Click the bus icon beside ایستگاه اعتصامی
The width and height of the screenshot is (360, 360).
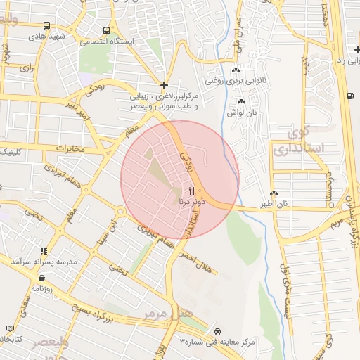pos(106,30)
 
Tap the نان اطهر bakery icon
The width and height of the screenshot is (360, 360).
pos(274,193)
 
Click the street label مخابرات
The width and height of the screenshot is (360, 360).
pos(70,148)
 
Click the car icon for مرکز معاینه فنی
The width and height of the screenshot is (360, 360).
pos(217,331)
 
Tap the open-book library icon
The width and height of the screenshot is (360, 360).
pos(11,328)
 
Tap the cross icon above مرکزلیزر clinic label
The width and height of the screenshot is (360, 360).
pos(164,85)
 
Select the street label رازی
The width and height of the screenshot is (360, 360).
pos(27,68)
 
